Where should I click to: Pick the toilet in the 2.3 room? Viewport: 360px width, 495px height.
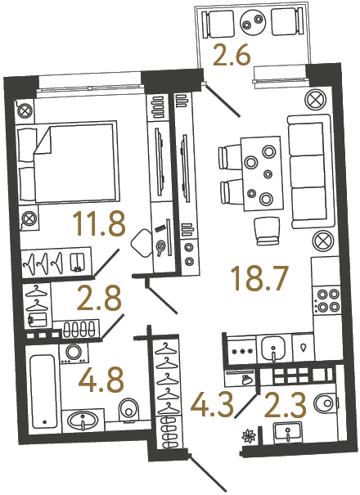click(x=327, y=402)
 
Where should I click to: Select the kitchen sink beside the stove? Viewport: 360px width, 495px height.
click(x=272, y=349)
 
